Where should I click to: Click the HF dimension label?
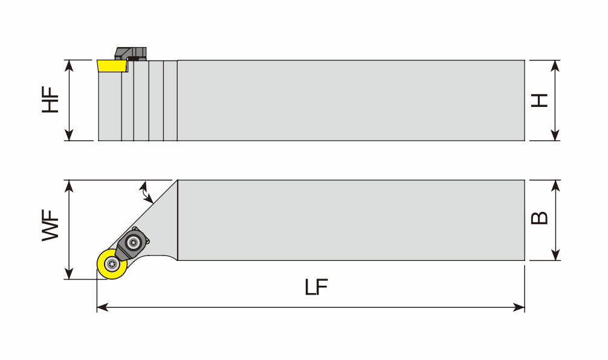point(51,100)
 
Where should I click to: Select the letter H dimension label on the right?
point(539,100)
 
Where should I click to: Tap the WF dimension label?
point(51,226)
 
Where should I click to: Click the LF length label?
point(315,288)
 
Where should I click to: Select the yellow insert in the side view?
point(111,65)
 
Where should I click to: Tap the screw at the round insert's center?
point(111,265)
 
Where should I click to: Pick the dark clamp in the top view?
point(133,242)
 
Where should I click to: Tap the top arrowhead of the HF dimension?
point(70,65)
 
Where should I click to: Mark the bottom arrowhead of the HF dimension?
point(70,136)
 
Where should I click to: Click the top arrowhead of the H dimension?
point(556,65)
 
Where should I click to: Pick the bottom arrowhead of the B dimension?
point(556,256)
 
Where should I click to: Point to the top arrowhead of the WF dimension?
point(71,185)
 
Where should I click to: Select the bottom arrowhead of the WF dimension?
point(71,275)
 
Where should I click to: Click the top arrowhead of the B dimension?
point(556,184)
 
